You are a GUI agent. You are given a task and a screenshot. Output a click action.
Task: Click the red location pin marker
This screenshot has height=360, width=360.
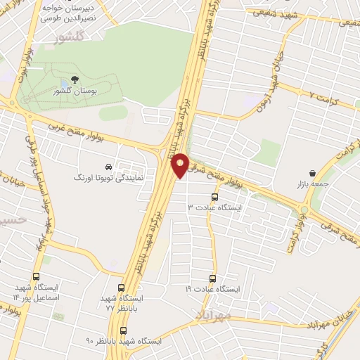(x=181, y=165)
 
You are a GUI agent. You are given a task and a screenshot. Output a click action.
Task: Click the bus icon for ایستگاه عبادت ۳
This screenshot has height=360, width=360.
(x=214, y=198)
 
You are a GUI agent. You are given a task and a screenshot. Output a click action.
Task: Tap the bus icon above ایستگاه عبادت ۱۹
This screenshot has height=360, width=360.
(x=214, y=278)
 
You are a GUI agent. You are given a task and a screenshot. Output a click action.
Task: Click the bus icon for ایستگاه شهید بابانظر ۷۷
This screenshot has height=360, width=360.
(x=121, y=288)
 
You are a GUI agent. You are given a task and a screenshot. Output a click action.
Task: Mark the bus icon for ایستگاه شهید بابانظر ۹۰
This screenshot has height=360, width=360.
(x=124, y=330)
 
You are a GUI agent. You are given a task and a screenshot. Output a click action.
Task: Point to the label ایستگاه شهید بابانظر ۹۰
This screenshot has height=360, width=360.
(x=123, y=341)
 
